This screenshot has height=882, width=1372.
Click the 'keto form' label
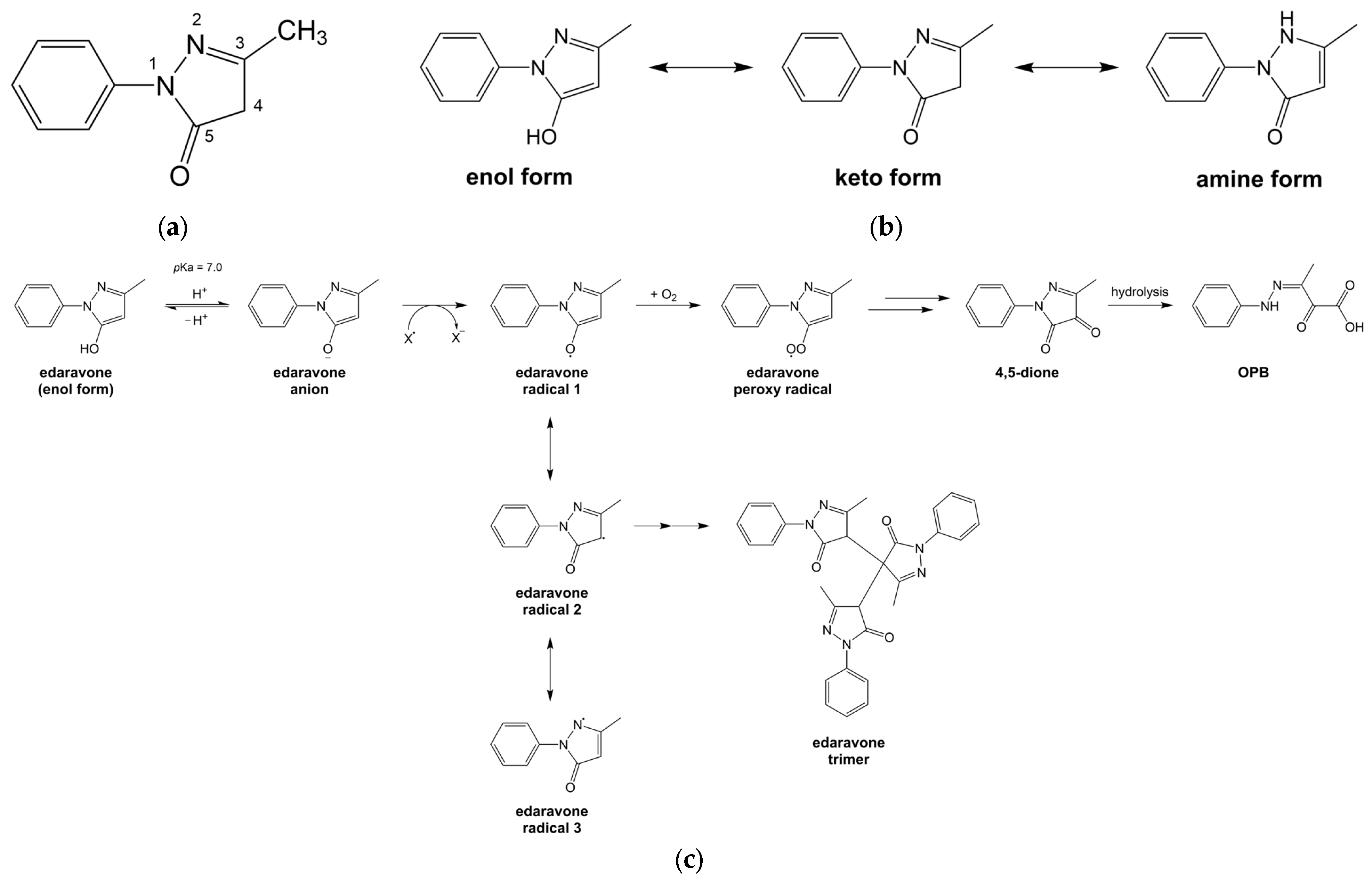coord(888,178)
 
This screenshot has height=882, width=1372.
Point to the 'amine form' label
coord(1259,179)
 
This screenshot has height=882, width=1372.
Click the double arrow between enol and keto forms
coord(700,67)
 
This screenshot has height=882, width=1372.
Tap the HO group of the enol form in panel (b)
coord(541,137)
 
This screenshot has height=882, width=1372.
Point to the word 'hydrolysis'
coord(1139,292)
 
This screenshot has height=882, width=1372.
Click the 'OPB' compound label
coord(1253,372)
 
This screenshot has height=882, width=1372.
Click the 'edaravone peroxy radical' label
coord(782,381)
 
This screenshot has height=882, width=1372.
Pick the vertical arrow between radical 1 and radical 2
coord(550,448)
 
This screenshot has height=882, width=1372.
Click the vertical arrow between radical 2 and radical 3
coord(550,669)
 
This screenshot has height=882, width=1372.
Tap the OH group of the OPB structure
coord(1354,327)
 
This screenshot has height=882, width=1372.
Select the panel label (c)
coord(688,860)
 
